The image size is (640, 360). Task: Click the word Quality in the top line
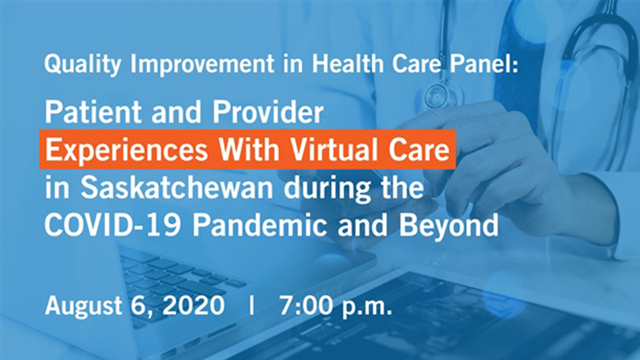click(x=82, y=65)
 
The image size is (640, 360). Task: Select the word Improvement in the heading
click(x=202, y=65)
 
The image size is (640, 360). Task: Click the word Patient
click(x=93, y=112)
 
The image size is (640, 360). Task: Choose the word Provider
click(x=267, y=112)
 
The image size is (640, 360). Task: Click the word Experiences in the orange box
click(x=126, y=150)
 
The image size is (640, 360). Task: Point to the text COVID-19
click(x=112, y=225)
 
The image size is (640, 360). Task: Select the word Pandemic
click(x=259, y=225)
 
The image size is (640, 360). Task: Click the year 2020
click(x=193, y=305)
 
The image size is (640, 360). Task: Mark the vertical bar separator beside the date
click(x=251, y=305)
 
